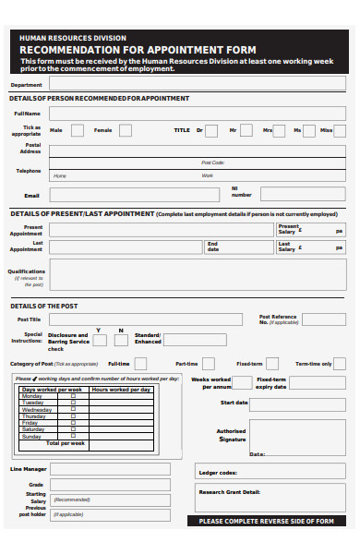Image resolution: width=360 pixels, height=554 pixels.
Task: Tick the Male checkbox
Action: coord(78,130)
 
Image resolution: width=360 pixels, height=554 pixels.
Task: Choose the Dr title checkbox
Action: coord(211,130)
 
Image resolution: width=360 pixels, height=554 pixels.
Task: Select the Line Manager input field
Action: coord(110,469)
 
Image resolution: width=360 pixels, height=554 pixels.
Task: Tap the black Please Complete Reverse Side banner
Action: coord(268,521)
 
